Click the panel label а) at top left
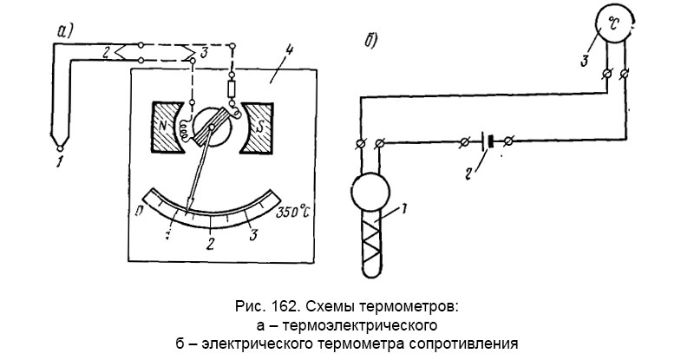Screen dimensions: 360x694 pos(67,32)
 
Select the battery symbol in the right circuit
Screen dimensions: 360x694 pos(488,140)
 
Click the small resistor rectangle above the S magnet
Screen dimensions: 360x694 pos(231,90)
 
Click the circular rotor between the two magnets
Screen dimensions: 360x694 pos(211,128)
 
